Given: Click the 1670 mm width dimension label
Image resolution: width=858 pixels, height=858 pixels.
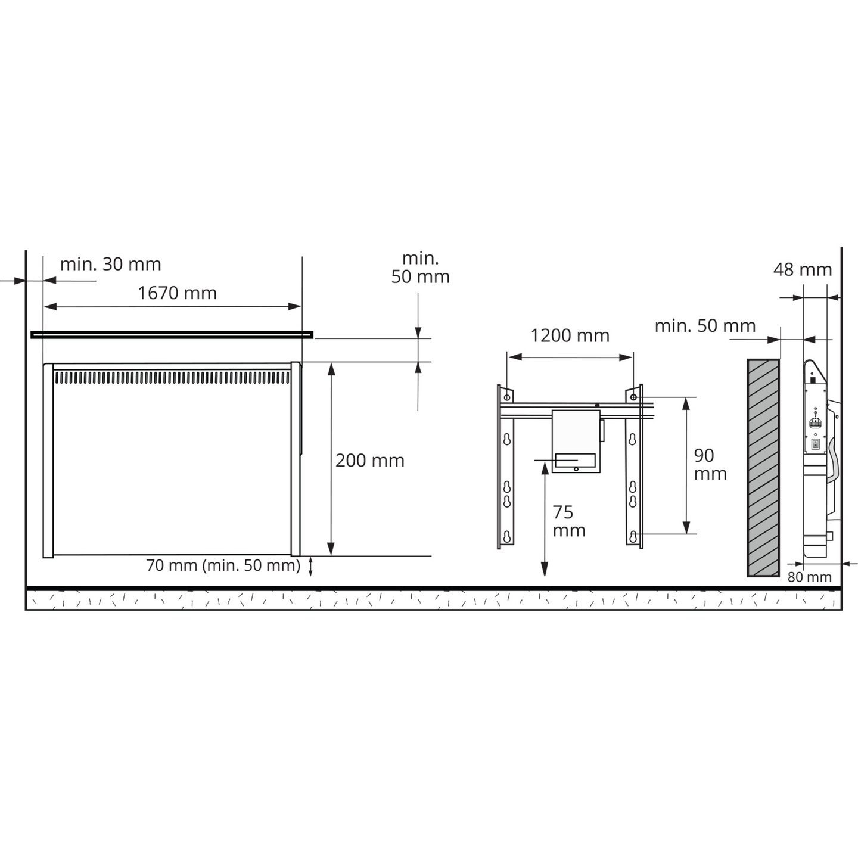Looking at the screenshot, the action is click(x=177, y=293).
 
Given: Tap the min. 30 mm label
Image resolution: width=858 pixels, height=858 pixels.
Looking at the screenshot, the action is click(x=110, y=265).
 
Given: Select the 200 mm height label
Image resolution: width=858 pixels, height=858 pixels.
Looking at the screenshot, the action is click(x=370, y=461).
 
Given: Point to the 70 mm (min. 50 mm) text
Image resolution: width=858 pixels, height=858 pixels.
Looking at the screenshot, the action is click(x=223, y=565).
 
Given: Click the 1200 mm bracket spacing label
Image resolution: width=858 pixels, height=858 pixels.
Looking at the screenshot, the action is click(x=570, y=335).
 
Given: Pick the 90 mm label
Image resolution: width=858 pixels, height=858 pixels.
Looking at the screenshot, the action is click(x=710, y=464).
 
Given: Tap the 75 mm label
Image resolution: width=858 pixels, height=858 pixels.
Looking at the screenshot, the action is click(x=568, y=521).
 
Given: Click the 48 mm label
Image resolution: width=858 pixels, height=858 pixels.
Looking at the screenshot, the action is click(x=803, y=269).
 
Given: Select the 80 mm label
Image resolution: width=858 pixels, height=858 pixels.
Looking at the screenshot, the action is click(x=810, y=577).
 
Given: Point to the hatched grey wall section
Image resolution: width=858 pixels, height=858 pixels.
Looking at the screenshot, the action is click(x=763, y=468).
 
